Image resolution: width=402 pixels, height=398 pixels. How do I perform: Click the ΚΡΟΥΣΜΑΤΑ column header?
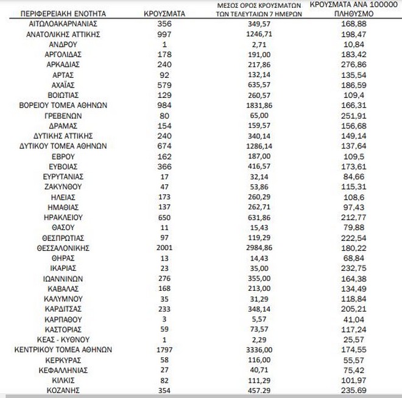165,13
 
